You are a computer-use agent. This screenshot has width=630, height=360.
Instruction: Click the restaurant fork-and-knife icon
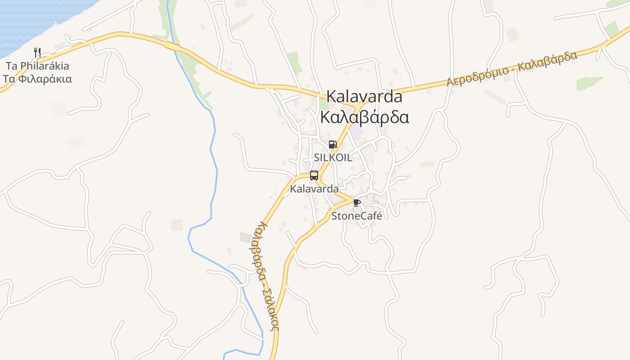point(37,53)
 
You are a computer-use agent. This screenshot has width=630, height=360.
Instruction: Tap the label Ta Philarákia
point(37,66)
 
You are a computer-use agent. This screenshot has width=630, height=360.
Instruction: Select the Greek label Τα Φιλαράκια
point(37,79)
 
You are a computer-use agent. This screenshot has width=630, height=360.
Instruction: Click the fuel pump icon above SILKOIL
point(333,144)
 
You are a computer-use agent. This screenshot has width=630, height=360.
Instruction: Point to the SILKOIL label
point(333,157)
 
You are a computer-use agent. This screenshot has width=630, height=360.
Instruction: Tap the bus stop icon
point(314,175)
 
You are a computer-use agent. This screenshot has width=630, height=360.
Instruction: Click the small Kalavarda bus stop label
point(314,189)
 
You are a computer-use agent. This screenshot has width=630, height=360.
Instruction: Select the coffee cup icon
point(357,203)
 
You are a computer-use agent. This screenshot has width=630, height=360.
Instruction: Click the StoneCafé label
point(357,216)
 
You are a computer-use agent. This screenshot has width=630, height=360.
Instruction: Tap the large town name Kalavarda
point(364,96)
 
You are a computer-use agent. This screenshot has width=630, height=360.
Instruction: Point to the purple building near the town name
point(357,132)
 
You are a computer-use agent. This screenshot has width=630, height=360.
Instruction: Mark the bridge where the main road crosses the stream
point(173,46)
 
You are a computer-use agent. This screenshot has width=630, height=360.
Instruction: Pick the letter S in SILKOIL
point(317,157)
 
